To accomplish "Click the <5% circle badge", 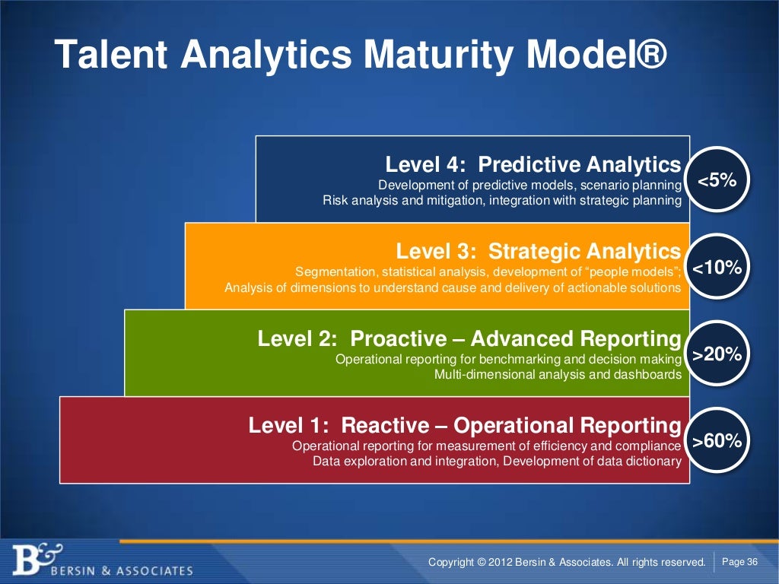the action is click(717, 179).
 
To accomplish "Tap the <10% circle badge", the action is click(717, 267).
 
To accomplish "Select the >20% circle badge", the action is click(717, 354).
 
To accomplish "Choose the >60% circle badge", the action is click(717, 441).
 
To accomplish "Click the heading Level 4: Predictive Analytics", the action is click(533, 164).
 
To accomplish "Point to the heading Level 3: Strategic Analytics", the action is click(538, 252).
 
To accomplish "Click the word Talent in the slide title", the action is click(114, 55).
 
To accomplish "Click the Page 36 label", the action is click(739, 562).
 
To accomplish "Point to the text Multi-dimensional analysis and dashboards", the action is click(557, 374).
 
